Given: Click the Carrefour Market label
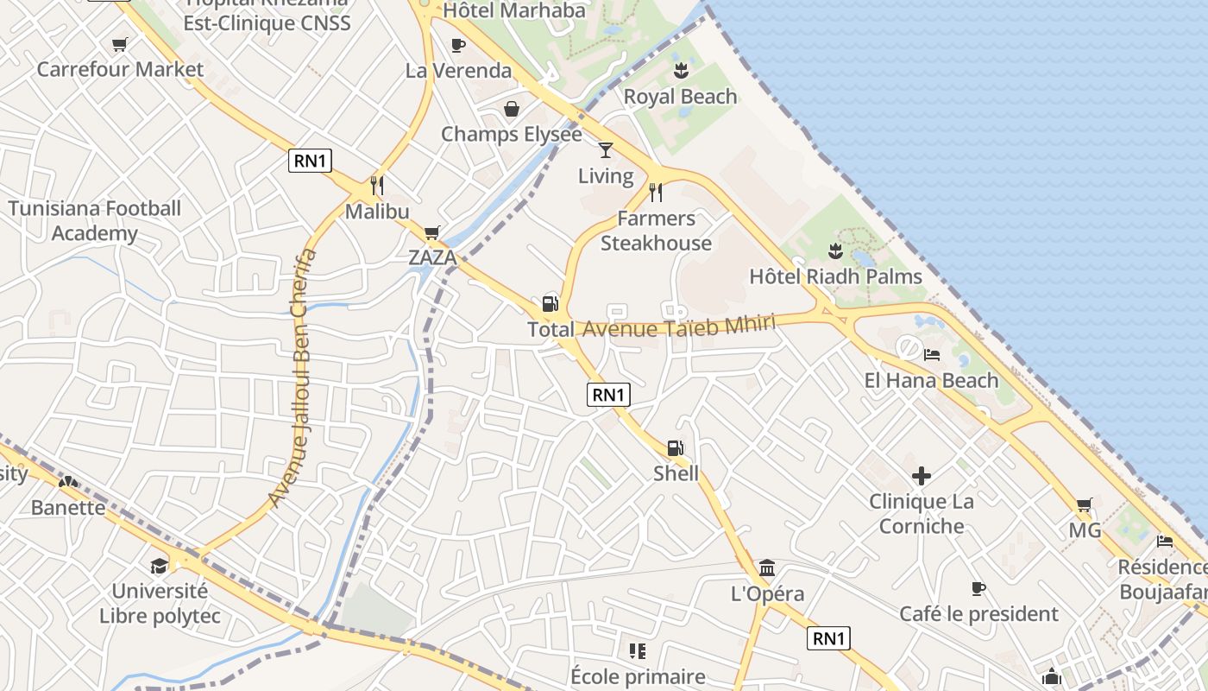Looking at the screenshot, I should coord(120,69).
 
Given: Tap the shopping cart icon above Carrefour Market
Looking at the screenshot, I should coord(120,44).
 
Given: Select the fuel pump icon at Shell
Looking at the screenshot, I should coord(675,448).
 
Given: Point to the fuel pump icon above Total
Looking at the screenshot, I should coord(550,304).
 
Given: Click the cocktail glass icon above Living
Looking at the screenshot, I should coord(606,150).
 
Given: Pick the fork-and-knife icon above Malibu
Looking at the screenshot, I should coord(377,186).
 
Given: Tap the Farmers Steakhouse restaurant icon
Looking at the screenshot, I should coord(656,192).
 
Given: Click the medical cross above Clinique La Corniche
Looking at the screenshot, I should coord(922,476).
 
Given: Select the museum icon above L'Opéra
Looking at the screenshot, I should coord(767,567).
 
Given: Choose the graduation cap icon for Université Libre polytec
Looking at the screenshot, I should coord(160,566).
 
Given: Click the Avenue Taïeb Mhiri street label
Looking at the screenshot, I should coord(679,326).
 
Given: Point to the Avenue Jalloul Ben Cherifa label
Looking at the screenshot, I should coord(293,377).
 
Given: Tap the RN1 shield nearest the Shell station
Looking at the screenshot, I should coord(609,395).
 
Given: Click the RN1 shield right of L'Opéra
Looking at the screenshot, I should coord(829,638).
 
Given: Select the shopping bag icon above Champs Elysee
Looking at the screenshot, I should coord(512,109).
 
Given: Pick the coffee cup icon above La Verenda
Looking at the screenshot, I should coord(458,45).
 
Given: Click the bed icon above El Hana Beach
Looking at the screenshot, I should coord(932,354).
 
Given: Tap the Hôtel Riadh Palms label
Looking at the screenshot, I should coord(835,276).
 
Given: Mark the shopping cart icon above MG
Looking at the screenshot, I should coord(1085,505).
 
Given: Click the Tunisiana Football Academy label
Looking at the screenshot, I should coord(95,220).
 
